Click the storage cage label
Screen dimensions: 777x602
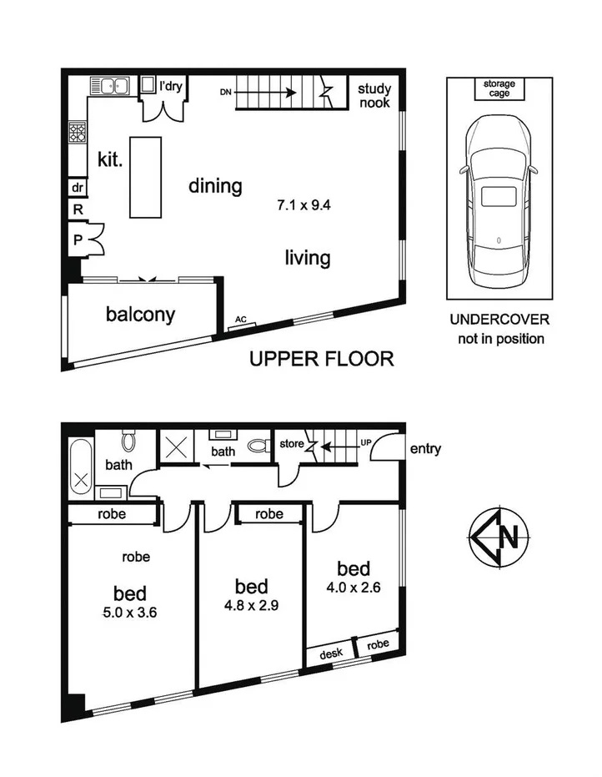pyautogui.click(x=499, y=88)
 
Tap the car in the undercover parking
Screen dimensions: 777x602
pyautogui.click(x=499, y=199)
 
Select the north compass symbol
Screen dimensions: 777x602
pyautogui.click(x=499, y=536)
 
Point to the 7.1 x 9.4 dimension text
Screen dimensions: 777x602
pyautogui.click(x=309, y=203)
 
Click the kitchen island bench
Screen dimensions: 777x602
pyautogui.click(x=148, y=177)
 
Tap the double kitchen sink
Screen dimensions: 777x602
pyautogui.click(x=110, y=85)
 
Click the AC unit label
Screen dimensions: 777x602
pyautogui.click(x=241, y=320)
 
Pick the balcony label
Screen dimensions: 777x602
pyautogui.click(x=141, y=314)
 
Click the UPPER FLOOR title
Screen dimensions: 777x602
pyautogui.click(x=322, y=360)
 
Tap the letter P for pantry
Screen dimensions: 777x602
pyautogui.click(x=77, y=240)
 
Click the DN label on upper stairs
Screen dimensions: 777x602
pyautogui.click(x=224, y=94)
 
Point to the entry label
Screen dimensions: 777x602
pyautogui.click(x=425, y=449)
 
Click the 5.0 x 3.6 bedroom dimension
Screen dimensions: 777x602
pyautogui.click(x=130, y=612)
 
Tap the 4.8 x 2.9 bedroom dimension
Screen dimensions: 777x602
pyautogui.click(x=250, y=606)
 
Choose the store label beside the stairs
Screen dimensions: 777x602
pyautogui.click(x=292, y=443)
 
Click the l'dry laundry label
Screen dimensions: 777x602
pyautogui.click(x=173, y=85)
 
